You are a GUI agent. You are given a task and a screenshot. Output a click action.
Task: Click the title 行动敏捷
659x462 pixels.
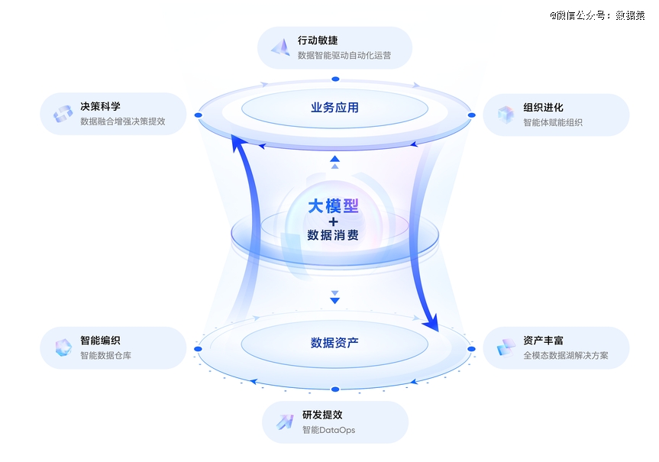tap(318, 40)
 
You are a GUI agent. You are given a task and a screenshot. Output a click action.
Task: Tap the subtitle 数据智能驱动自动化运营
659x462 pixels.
tap(344, 56)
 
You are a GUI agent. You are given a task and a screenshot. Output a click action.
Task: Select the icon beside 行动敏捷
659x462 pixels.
tap(280, 47)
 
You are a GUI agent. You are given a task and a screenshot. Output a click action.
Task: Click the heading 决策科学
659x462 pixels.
tap(100, 106)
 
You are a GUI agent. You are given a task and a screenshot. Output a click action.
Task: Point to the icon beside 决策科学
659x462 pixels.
tap(63, 114)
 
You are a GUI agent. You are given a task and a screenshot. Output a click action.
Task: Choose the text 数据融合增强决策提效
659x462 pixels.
tap(122, 121)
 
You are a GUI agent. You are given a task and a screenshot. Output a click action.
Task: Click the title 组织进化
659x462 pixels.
tap(543, 108)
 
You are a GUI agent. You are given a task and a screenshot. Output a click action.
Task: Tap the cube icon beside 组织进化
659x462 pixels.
tap(506, 115)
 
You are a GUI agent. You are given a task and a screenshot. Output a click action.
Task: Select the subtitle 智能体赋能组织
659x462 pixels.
tap(552, 122)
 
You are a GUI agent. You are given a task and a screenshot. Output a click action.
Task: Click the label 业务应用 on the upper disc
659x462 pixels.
tap(334, 108)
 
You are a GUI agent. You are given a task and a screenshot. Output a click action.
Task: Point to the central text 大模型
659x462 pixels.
tap(333, 206)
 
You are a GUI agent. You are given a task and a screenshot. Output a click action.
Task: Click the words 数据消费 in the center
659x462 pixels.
tap(333, 235)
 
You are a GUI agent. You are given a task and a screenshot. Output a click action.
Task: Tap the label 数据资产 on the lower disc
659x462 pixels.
tap(334, 343)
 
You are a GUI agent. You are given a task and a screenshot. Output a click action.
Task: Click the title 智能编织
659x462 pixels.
tap(100, 341)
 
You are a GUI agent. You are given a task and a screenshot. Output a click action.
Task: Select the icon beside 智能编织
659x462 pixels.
tap(63, 348)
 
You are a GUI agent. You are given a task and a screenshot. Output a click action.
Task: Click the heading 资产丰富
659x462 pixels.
tap(543, 341)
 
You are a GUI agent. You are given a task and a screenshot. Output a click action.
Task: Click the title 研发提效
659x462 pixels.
tap(321, 415)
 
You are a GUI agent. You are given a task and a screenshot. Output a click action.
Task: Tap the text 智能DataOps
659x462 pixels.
tap(328, 430)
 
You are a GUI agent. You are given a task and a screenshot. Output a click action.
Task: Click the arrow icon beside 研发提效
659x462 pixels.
tap(284, 422)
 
